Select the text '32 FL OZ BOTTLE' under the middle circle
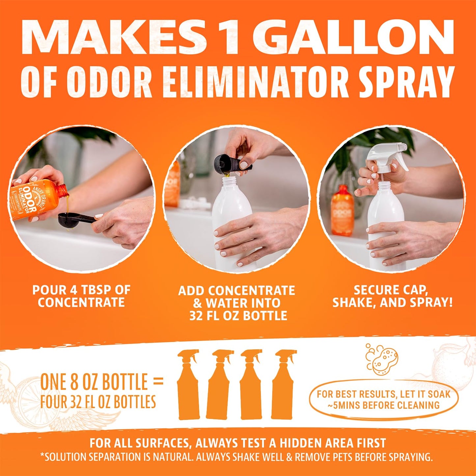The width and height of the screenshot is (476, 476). [238, 316]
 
